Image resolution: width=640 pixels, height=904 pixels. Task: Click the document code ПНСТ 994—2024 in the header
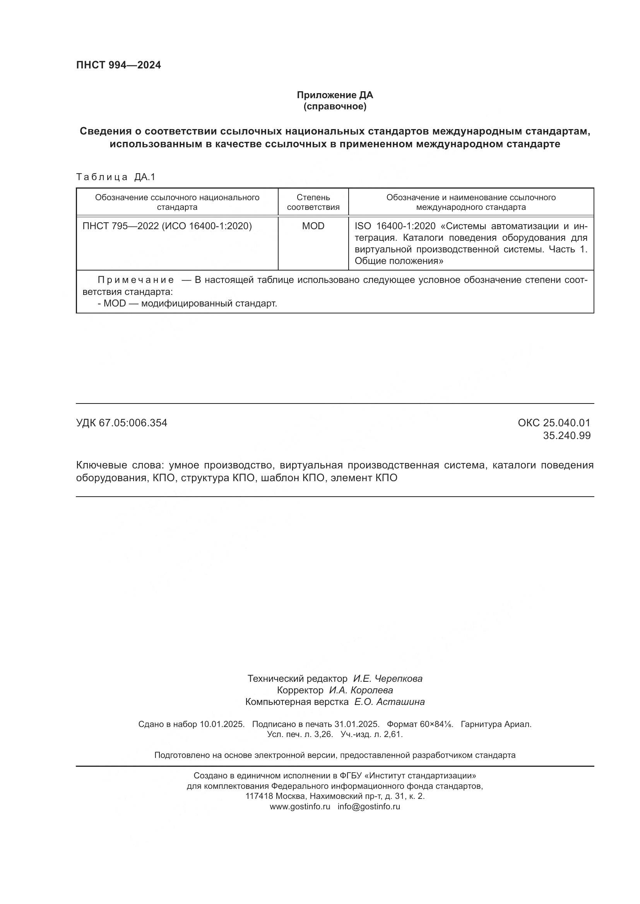(118, 65)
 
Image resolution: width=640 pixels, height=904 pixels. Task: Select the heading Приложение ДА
(335, 95)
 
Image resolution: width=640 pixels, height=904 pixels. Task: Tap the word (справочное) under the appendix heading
(335, 107)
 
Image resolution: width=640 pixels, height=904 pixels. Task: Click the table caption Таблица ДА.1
(116, 177)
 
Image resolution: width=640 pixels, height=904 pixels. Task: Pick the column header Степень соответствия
(313, 202)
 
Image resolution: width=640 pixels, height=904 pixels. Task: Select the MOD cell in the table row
(313, 226)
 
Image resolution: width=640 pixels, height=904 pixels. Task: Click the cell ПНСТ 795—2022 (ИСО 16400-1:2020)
(167, 226)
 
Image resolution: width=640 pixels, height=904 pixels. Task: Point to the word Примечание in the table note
(135, 280)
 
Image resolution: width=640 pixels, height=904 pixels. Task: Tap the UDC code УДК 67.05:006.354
(121, 423)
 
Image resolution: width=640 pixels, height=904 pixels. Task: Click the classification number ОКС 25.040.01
(554, 423)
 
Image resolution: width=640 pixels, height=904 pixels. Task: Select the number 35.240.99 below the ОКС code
(566, 436)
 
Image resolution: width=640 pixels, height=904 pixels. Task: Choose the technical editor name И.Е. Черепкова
(387, 678)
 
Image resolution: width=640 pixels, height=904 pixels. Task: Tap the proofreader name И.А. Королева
(361, 690)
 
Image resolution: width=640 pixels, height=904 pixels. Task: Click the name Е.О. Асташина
(389, 701)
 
